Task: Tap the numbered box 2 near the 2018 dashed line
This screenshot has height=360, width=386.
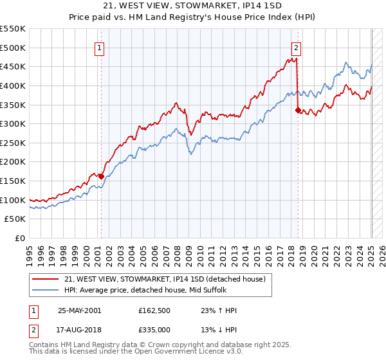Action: (297, 46)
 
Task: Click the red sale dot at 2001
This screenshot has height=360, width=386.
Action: (101, 175)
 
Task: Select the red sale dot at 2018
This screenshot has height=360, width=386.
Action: (297, 110)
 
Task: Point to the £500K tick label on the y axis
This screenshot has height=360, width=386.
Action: (14, 48)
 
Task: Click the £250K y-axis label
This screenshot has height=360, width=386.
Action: (14, 143)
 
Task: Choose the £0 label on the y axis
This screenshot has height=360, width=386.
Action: (20, 238)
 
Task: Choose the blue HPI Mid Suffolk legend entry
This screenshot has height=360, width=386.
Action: (167, 290)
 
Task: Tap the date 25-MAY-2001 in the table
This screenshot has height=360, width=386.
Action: (79, 310)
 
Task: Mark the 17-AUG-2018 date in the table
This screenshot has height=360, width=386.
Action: (79, 330)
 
